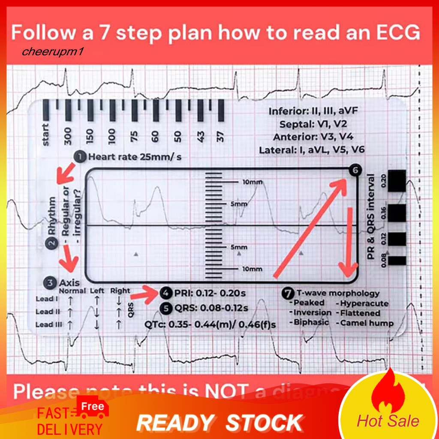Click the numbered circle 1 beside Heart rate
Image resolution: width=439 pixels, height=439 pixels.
(80, 157)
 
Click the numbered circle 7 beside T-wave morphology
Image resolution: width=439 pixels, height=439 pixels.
(288, 294)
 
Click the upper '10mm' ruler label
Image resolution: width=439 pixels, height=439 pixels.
(252, 182)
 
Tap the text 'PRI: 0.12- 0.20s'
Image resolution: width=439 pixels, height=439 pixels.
(209, 294)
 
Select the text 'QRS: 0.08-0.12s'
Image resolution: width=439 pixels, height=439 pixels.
(210, 308)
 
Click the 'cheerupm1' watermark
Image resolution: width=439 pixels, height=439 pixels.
(48, 52)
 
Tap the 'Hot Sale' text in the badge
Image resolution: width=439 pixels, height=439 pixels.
(388, 421)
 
